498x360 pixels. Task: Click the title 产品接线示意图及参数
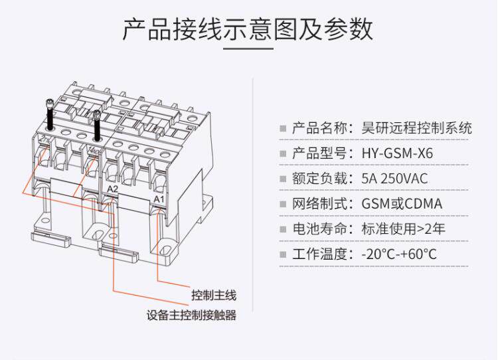tap(248, 30)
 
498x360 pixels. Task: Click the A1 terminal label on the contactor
tap(158, 199)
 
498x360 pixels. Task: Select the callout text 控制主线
tap(214, 296)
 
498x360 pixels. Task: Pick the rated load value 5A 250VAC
tap(394, 179)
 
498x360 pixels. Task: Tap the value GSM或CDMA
tap(402, 204)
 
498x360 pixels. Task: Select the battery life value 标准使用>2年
tap(403, 229)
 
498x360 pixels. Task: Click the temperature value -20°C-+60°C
tap(398, 254)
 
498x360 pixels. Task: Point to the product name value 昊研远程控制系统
tap(416, 128)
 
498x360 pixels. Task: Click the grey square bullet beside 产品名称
tap(283, 129)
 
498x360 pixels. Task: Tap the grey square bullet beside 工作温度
tap(283, 255)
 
